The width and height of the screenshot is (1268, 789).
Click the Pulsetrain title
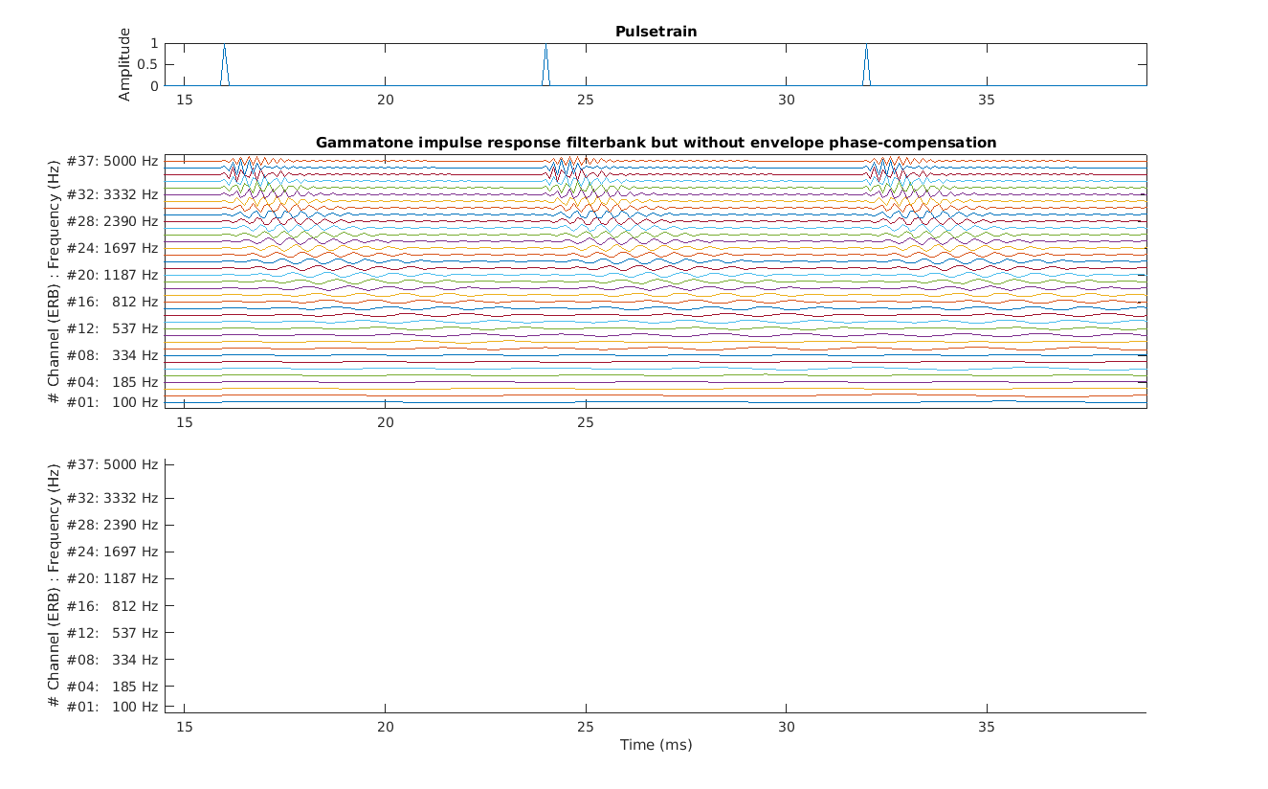pos(656,32)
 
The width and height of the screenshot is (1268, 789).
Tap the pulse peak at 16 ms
pos(224,45)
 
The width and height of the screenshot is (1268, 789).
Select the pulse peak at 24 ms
pos(545,45)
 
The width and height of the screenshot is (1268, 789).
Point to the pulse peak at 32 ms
pos(866,45)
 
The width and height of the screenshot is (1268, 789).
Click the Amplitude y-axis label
pos(124,64)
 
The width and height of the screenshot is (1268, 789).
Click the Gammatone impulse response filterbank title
pos(656,143)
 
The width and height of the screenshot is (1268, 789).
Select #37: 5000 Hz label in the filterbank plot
pos(112,161)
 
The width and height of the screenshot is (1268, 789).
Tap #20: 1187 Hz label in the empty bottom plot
pos(112,578)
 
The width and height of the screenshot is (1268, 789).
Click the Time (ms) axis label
pos(656,745)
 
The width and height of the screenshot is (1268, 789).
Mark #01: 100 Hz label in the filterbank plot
pos(112,402)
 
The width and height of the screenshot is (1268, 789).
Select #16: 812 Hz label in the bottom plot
pos(112,606)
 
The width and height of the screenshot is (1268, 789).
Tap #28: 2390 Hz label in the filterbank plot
pos(112,221)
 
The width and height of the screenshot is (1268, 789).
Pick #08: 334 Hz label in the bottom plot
pos(112,660)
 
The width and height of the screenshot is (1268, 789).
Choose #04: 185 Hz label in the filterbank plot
pos(112,382)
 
